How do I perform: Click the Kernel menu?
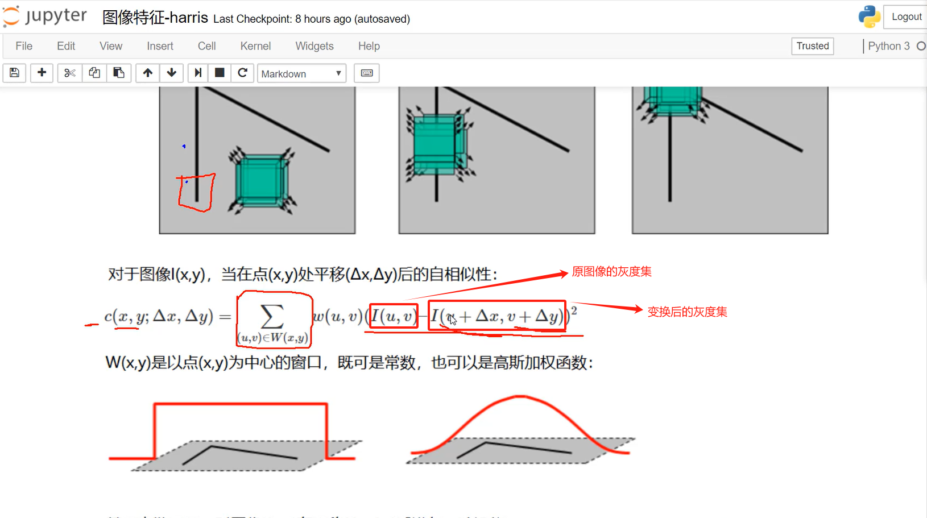coord(255,46)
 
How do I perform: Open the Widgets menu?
coord(314,46)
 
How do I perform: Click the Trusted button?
coord(812,46)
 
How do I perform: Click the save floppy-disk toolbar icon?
coord(15,73)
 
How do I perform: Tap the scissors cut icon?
coord(69,73)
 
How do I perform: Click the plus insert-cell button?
coord(42,73)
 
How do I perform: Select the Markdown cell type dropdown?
coord(301,73)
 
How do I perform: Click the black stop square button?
coord(220,73)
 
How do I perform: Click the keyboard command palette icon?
coord(367,73)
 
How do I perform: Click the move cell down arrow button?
coord(171,73)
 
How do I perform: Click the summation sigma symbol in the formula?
coord(272,316)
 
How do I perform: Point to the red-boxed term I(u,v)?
coord(394,316)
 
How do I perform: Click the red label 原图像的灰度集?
coord(611,272)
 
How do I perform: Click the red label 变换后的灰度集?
coord(687,312)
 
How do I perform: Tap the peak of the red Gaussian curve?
coord(519,397)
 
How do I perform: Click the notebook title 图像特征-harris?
coord(155,18)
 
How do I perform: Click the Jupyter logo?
coord(45,16)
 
